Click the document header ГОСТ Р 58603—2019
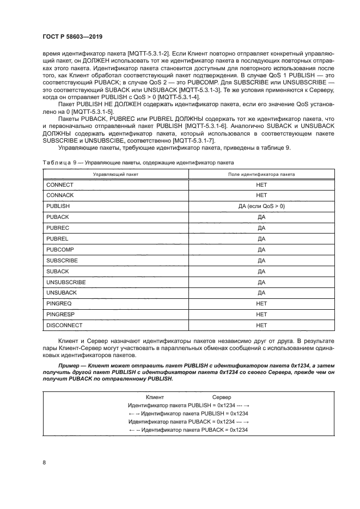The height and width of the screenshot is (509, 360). (x=72, y=36)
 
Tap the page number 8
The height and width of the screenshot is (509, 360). (x=44, y=462)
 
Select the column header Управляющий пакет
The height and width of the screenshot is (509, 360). (x=115, y=174)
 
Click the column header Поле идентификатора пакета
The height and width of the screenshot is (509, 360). (x=261, y=174)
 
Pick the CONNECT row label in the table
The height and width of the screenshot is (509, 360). (x=60, y=185)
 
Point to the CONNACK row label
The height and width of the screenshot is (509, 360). (x=60, y=195)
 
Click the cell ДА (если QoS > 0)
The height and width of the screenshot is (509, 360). (x=261, y=207)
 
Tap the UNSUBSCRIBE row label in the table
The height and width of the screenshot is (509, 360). (x=66, y=283)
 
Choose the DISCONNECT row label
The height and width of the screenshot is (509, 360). (x=64, y=326)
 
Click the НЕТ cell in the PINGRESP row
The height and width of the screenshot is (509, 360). (x=261, y=315)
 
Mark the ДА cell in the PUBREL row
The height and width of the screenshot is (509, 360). (x=261, y=239)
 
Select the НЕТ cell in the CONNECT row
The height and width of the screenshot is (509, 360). (x=261, y=185)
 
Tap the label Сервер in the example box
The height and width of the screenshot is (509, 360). (x=221, y=397)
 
